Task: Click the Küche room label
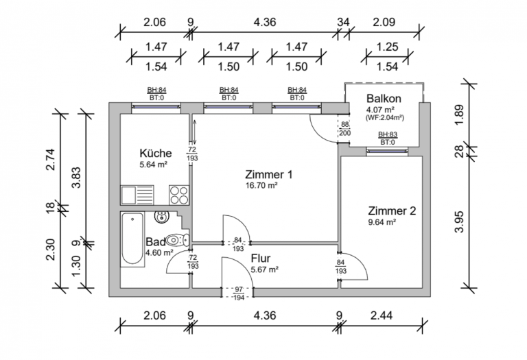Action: (x=156, y=153)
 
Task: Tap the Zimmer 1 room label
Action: (x=268, y=175)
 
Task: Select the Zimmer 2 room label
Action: (x=392, y=211)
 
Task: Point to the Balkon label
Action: (x=384, y=98)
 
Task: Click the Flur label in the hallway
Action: (x=261, y=259)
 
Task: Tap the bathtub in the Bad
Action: (x=132, y=239)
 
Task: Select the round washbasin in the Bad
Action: (x=162, y=217)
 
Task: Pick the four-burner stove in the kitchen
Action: (x=179, y=195)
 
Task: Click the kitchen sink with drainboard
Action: (x=137, y=195)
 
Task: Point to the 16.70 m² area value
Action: (x=261, y=185)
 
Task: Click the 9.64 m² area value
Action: (x=382, y=222)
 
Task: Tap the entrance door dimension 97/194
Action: (x=239, y=293)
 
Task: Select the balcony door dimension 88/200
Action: (x=345, y=129)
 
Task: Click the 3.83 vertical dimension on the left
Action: (x=77, y=178)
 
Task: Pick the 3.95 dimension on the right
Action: (x=459, y=221)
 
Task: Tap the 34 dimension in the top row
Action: (x=343, y=22)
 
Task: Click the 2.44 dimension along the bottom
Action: (x=381, y=315)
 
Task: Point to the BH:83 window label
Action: (x=388, y=134)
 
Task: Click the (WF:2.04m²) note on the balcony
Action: (x=384, y=118)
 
